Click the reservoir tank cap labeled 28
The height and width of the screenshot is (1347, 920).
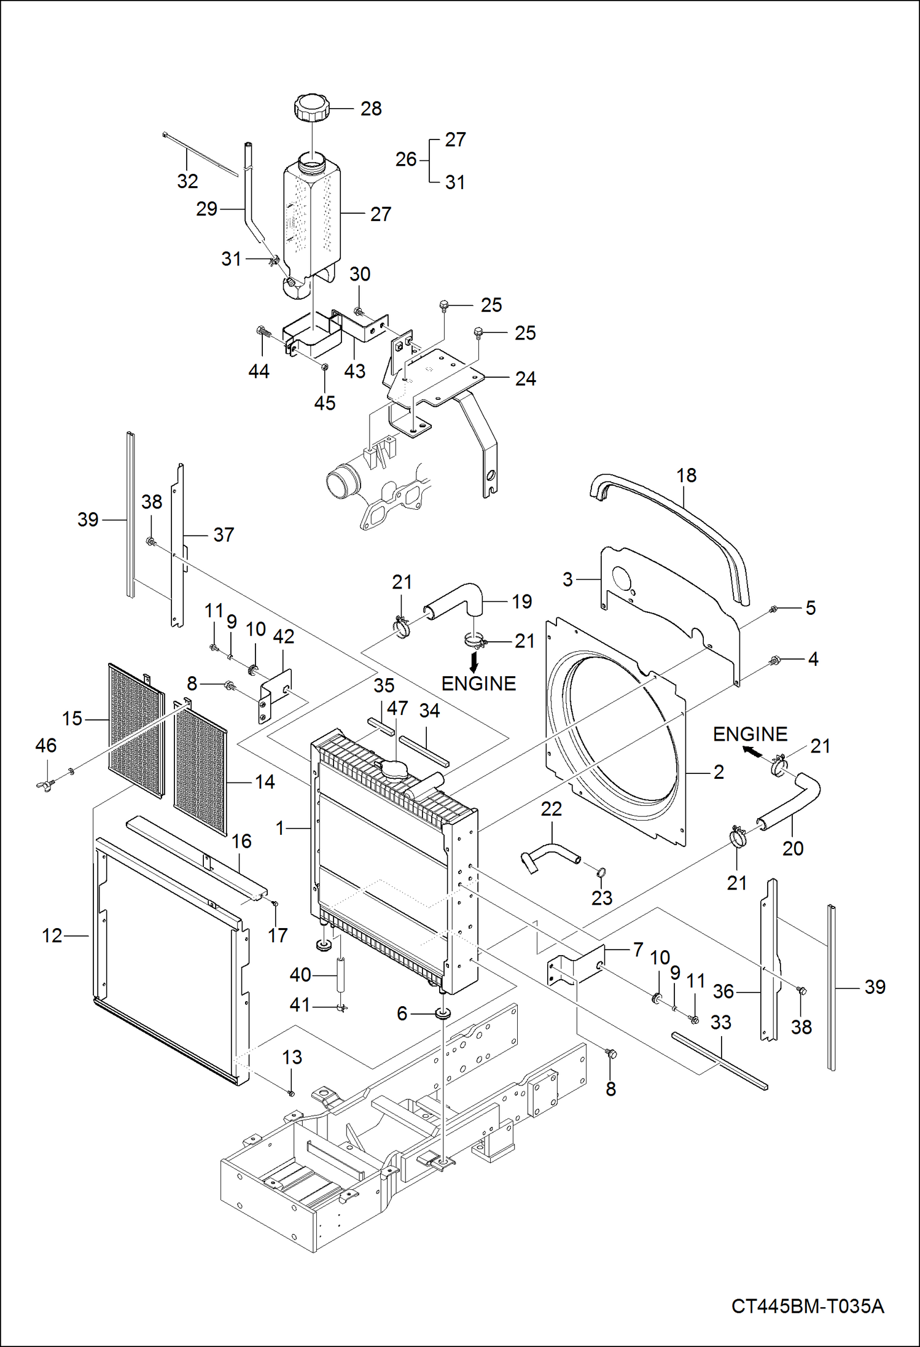point(311,109)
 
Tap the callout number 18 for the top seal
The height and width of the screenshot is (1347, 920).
point(686,475)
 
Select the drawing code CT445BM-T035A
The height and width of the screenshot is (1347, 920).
point(807,1305)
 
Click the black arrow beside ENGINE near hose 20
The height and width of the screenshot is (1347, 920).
point(750,751)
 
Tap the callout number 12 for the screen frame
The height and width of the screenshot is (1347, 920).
point(52,935)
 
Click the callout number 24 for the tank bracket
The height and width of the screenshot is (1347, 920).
point(525,379)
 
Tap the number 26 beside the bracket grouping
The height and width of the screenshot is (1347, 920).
point(406,160)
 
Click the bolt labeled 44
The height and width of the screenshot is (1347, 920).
point(262,332)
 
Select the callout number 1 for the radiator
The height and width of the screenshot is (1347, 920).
point(281,829)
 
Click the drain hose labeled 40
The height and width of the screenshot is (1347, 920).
point(341,972)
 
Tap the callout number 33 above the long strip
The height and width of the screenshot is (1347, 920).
point(720,1023)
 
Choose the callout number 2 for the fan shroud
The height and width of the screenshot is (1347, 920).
point(719,772)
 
